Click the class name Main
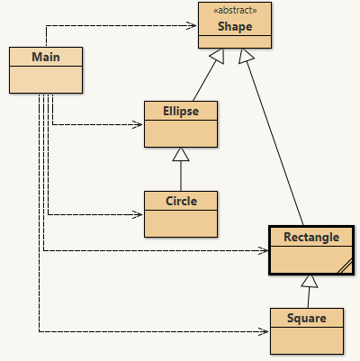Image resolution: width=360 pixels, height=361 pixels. (45, 58)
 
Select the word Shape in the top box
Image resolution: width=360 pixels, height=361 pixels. (234, 27)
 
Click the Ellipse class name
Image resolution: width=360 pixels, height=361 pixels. (181, 111)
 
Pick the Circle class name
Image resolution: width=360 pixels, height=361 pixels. (181, 200)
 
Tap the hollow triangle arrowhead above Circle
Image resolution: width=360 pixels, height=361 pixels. (181, 154)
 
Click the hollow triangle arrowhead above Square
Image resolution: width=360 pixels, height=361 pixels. (309, 281)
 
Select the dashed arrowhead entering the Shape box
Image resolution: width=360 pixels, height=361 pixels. (193, 25)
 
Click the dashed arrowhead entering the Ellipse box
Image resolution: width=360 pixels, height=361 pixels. (139, 124)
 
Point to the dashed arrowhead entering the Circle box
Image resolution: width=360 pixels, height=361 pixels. (139, 214)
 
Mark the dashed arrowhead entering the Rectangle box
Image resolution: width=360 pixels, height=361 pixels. (264, 250)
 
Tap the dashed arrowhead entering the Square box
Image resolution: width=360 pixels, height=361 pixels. (265, 331)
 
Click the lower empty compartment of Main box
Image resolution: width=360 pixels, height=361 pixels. (45, 80)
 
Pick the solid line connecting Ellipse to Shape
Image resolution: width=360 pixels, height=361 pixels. (202, 81)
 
